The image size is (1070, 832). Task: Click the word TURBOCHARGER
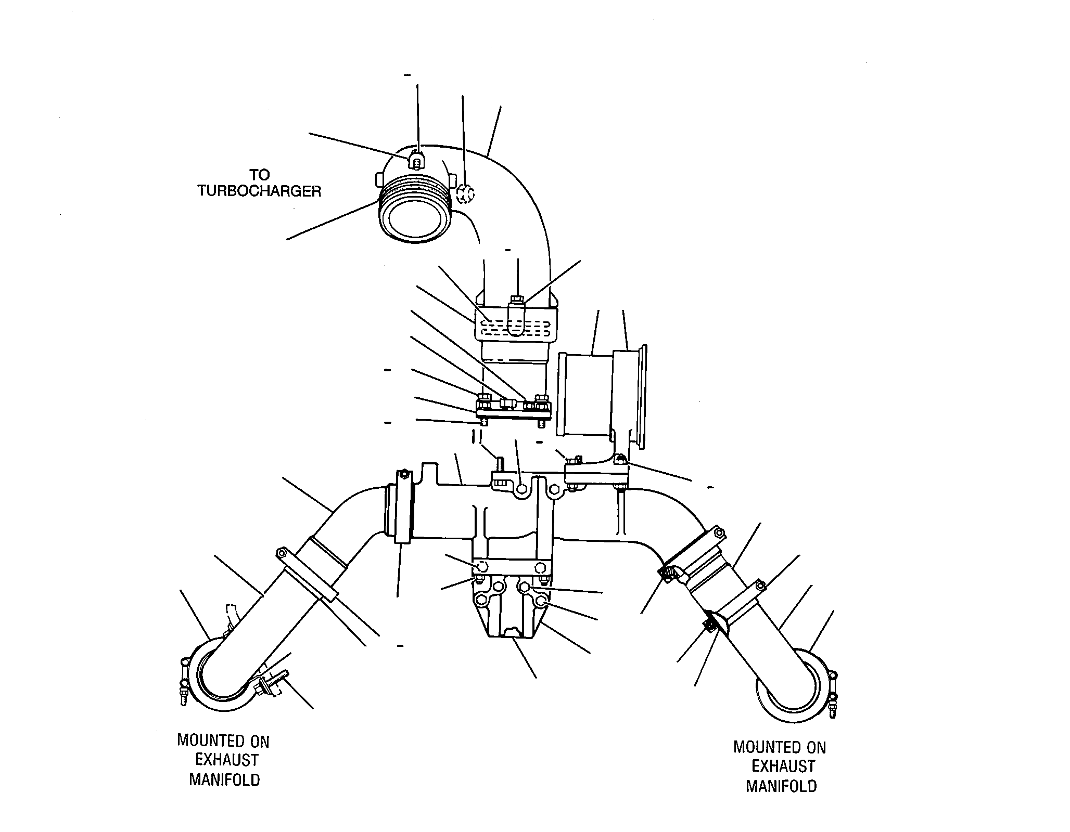259,191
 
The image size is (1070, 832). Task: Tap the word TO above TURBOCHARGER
259,174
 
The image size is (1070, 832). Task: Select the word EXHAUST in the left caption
226,760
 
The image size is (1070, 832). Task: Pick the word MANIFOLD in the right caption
781,786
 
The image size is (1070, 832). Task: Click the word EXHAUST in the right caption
783,766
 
